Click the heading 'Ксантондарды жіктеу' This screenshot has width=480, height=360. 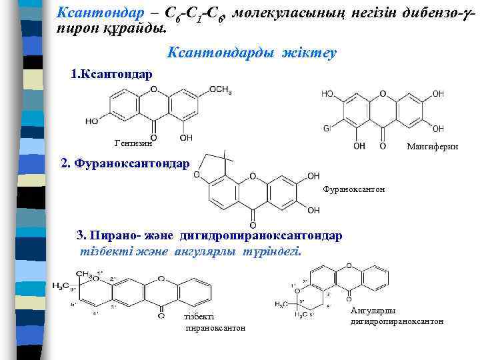(x=253, y=52)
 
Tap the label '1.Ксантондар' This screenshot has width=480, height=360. (x=111, y=73)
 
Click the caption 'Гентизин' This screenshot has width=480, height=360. (x=133, y=142)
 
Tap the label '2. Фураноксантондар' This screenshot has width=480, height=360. (x=125, y=162)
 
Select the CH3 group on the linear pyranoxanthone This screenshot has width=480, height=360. (x=85, y=274)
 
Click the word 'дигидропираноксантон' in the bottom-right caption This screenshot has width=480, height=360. (x=397, y=322)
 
